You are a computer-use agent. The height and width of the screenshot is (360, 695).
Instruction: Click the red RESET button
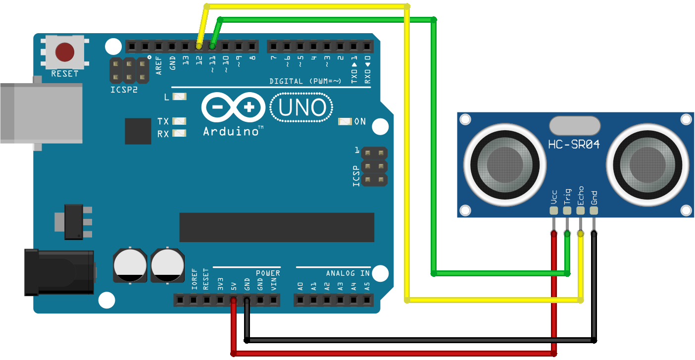tap(65, 51)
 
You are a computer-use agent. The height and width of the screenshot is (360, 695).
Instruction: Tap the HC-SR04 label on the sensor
tap(574, 145)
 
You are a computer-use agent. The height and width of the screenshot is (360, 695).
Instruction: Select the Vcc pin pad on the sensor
tap(554, 210)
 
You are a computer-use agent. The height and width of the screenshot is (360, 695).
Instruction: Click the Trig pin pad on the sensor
tap(567, 210)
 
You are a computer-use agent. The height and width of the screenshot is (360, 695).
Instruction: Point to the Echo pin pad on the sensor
tap(581, 210)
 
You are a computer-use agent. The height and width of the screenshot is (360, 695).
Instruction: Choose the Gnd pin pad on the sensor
tap(594, 210)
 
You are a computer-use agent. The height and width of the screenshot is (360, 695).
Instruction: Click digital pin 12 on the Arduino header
tap(199, 46)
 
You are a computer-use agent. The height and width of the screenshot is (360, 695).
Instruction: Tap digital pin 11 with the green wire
tap(212, 46)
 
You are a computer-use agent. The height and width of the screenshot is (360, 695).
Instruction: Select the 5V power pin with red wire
tap(233, 300)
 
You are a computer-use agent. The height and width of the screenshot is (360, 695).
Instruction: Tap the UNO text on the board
tap(302, 107)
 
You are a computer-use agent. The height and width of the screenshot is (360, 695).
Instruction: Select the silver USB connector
tap(40, 113)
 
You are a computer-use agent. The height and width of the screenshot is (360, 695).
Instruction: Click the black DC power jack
tap(59, 272)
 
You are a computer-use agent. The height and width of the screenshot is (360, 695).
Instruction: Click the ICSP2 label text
tap(124, 91)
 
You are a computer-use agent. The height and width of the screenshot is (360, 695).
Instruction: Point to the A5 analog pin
tap(367, 300)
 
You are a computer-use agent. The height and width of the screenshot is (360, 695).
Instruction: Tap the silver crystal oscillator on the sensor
tap(574, 126)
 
